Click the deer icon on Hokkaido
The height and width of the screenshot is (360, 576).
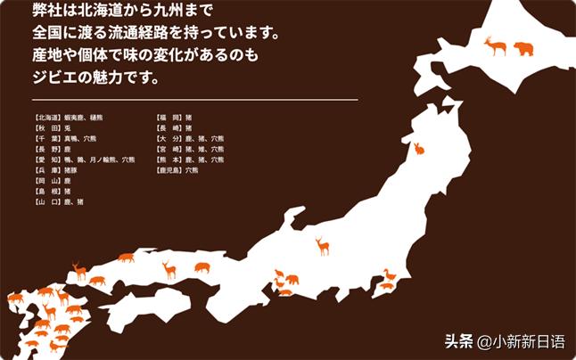(494, 46)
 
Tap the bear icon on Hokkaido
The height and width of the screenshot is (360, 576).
(523, 48)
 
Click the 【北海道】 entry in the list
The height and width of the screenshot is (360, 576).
(46, 117)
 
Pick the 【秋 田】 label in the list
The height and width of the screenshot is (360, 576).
(46, 127)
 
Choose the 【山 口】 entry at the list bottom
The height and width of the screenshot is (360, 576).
(46, 201)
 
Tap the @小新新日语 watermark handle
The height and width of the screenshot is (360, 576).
(521, 341)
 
